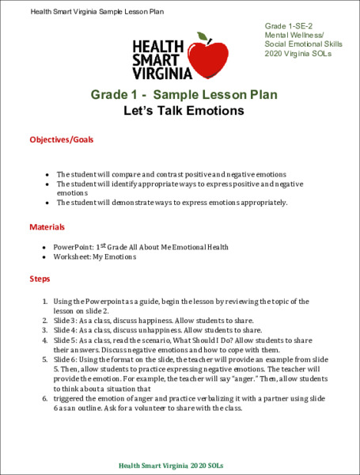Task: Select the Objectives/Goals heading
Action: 61,139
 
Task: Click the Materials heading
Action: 47,227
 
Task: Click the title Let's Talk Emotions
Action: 184,112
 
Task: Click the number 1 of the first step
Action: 44,302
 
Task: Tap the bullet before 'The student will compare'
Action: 48,173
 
